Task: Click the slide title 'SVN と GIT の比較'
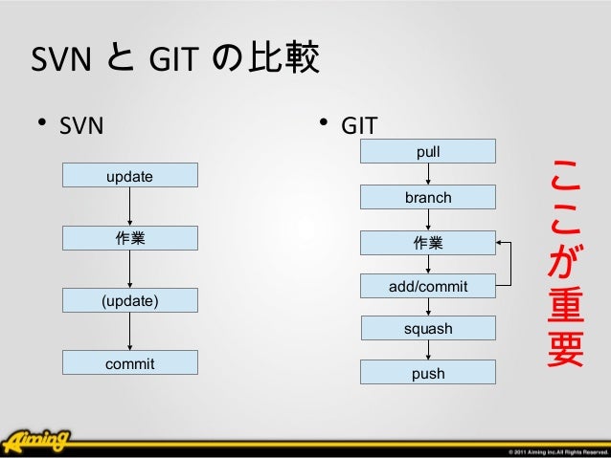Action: pyautogui.click(x=176, y=61)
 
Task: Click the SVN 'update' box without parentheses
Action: pyautogui.click(x=129, y=175)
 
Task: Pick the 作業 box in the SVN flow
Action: pyautogui.click(x=129, y=238)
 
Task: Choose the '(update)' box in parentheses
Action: pyautogui.click(x=129, y=300)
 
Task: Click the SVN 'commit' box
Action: pyautogui.click(x=129, y=362)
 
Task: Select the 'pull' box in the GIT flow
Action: pyautogui.click(x=427, y=151)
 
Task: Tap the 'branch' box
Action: pyautogui.click(x=427, y=197)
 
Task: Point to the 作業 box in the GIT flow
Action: pyautogui.click(x=427, y=242)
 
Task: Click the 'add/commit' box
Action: pyautogui.click(x=427, y=286)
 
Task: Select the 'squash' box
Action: pyautogui.click(x=427, y=329)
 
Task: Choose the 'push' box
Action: pyautogui.click(x=427, y=373)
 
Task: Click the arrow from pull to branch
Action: pyautogui.click(x=428, y=174)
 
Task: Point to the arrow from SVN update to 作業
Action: pyautogui.click(x=129, y=207)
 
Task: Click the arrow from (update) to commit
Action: pyautogui.click(x=129, y=332)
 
